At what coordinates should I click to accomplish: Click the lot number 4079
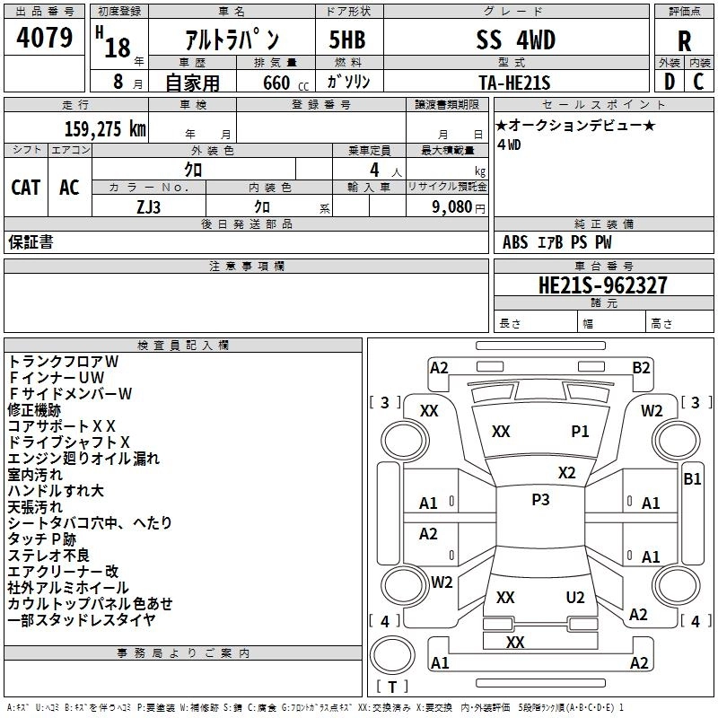click(x=45, y=38)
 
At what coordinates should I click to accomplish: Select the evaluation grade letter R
click(x=685, y=40)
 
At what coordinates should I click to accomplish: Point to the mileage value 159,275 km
click(x=105, y=128)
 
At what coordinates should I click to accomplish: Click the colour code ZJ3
click(x=149, y=206)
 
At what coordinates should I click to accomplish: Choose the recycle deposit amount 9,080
click(x=449, y=206)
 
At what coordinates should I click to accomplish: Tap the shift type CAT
click(x=26, y=187)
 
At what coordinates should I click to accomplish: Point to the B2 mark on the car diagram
click(x=641, y=367)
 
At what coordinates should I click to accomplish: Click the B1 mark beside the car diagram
click(x=692, y=479)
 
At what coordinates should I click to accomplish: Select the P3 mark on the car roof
click(x=540, y=500)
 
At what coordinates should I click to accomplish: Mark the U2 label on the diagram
click(x=575, y=597)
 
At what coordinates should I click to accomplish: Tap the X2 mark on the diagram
click(x=566, y=472)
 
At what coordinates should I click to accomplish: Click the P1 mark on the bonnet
click(x=580, y=431)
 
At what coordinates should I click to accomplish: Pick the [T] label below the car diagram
click(x=391, y=687)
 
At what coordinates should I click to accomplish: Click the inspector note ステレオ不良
click(x=49, y=555)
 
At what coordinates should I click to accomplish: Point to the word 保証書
click(x=31, y=242)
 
